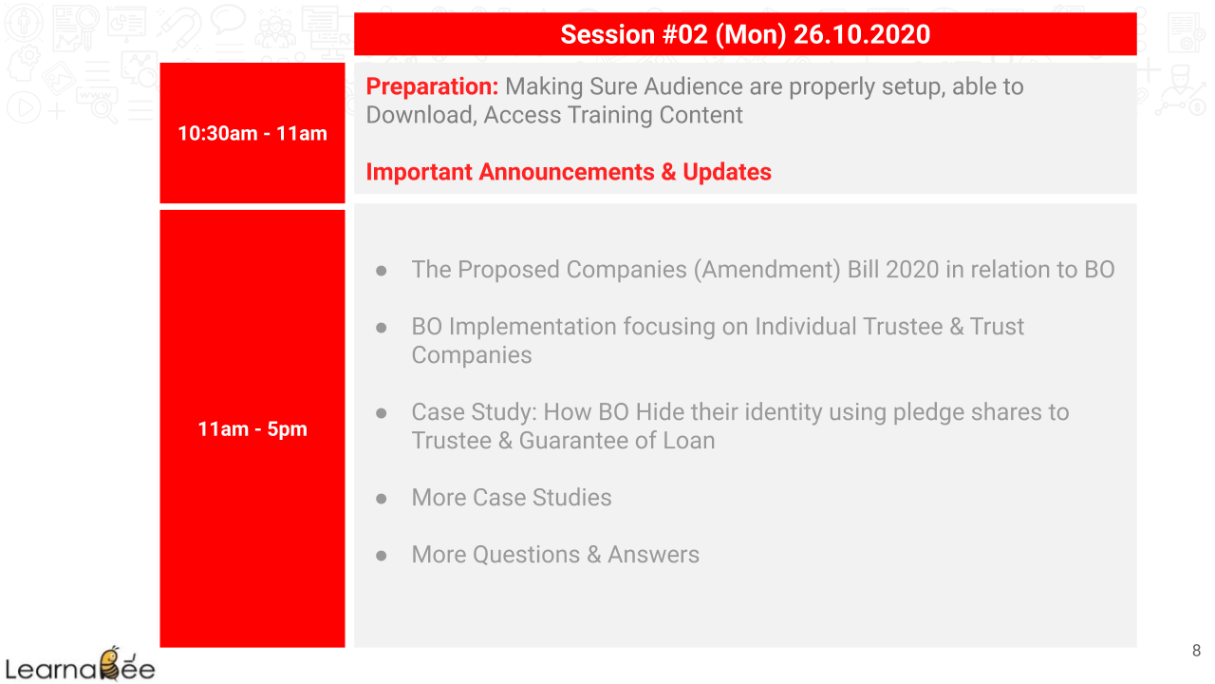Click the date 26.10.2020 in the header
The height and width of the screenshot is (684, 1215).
point(862,35)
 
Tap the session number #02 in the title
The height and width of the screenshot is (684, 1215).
point(685,35)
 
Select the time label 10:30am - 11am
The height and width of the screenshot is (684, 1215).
point(252,134)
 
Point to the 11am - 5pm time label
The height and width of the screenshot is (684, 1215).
point(252,429)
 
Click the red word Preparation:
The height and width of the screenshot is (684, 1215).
point(432,86)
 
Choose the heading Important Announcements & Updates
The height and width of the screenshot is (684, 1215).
point(569,172)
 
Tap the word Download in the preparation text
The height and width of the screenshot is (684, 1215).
point(421,116)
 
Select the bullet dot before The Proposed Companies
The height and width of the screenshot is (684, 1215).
point(382,271)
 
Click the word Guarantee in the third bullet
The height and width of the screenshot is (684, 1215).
point(573,441)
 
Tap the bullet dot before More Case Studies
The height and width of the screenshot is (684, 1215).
point(382,499)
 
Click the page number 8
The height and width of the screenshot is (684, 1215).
point(1197,651)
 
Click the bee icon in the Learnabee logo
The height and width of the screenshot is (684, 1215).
point(111,663)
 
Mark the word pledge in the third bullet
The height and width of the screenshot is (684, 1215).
point(928,413)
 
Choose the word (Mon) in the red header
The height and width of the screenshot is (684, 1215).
point(751,35)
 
